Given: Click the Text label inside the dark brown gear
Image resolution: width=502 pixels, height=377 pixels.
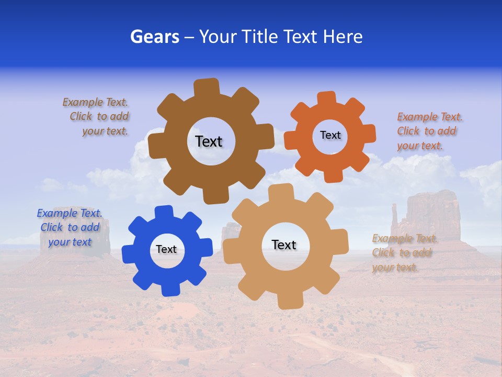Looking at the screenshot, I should [x=209, y=141].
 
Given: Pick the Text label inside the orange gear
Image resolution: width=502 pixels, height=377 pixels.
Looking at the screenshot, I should [x=330, y=135].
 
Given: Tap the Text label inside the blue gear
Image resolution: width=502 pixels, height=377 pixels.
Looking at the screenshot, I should [x=166, y=249].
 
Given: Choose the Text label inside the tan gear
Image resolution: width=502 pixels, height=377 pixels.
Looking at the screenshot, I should [x=284, y=245].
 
